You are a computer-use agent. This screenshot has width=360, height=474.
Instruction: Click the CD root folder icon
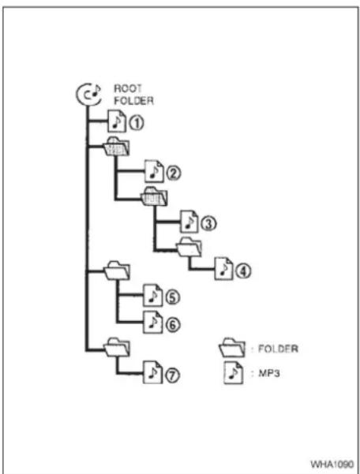(x=88, y=95)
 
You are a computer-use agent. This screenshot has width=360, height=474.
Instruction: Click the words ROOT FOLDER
(x=133, y=95)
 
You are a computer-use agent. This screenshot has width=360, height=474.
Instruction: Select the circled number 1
(x=137, y=123)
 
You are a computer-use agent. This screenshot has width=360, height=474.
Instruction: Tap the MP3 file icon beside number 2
(x=154, y=171)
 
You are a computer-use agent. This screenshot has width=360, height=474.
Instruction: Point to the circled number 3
(x=208, y=224)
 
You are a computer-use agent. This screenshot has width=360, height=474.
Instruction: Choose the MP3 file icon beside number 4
(x=223, y=268)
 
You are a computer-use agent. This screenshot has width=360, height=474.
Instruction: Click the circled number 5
(x=172, y=297)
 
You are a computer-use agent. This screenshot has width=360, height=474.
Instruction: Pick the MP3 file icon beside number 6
(x=152, y=323)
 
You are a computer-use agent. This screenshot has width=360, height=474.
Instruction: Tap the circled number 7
(x=172, y=375)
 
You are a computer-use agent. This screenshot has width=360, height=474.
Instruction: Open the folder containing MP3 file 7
(x=117, y=347)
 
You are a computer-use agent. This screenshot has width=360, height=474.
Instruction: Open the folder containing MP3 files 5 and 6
(x=117, y=271)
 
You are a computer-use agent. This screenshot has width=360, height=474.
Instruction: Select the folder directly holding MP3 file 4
(x=189, y=247)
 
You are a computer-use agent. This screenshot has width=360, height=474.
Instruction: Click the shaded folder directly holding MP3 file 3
(x=155, y=196)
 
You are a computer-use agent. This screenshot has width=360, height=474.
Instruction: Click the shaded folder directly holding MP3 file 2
(x=117, y=147)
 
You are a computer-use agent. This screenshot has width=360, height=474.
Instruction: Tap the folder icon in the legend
(x=232, y=348)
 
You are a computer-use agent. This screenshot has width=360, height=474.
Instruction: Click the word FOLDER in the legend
(x=278, y=349)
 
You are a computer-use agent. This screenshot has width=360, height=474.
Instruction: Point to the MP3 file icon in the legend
(x=233, y=373)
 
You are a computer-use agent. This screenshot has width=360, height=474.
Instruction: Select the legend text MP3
(x=269, y=373)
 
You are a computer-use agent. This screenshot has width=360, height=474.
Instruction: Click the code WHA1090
(x=332, y=464)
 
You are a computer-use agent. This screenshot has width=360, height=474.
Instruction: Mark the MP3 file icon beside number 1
(x=117, y=121)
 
